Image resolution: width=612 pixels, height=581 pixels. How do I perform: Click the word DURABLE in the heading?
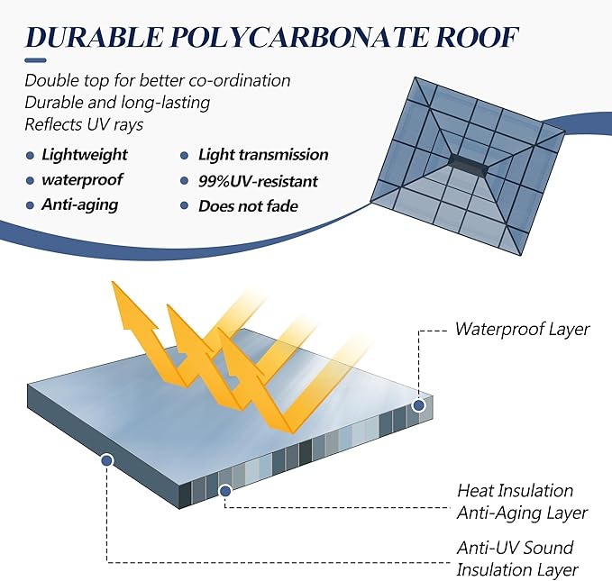tap(94, 38)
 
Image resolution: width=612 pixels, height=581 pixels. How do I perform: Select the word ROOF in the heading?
tap(477, 38)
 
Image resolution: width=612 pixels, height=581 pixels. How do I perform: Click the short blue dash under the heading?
tap(35, 60)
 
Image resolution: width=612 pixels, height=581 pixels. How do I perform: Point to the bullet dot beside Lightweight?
tap(30, 156)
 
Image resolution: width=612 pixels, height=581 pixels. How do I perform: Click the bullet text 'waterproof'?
tap(82, 180)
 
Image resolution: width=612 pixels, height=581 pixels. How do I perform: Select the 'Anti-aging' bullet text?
tap(80, 204)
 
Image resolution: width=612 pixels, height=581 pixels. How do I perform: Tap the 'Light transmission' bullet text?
tap(263, 155)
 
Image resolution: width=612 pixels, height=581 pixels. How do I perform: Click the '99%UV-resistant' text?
tap(258, 181)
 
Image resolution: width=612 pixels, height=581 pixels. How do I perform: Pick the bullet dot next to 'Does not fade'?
tap(185, 205)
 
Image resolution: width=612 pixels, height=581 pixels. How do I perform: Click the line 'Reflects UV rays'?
tap(84, 125)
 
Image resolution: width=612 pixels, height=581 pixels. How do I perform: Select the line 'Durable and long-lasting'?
tap(117, 103)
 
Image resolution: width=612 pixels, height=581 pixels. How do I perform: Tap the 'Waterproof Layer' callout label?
tap(522, 329)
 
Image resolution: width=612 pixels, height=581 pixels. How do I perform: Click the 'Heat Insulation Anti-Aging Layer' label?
tap(522, 502)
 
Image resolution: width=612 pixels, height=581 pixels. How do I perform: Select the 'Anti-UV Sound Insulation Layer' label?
tap(517, 558)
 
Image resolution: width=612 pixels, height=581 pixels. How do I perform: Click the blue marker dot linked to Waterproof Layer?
tap(419, 406)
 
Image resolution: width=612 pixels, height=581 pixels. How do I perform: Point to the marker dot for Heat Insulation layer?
tap(225, 491)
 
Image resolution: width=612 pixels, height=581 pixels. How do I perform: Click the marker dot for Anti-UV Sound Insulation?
tap(106, 461)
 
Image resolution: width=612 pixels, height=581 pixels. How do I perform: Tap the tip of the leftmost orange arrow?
tap(113, 282)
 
